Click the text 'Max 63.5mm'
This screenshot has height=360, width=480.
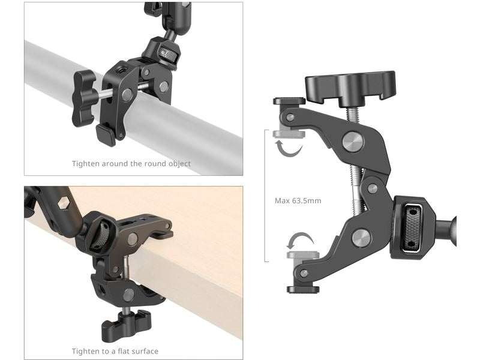pyautogui.click(x=298, y=200)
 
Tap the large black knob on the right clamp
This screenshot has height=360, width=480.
pyautogui.click(x=350, y=86)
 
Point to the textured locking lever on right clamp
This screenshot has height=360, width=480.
pyautogui.click(x=413, y=227)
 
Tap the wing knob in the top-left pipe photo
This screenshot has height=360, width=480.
pyautogui.click(x=84, y=97)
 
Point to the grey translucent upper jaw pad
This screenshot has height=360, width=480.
pyautogui.click(x=289, y=134)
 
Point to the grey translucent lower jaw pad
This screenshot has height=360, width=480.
pyautogui.click(x=298, y=255)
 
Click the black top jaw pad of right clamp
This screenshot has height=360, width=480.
pyautogui.click(x=289, y=101)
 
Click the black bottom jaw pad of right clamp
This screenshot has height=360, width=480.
pyautogui.click(x=302, y=289)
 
